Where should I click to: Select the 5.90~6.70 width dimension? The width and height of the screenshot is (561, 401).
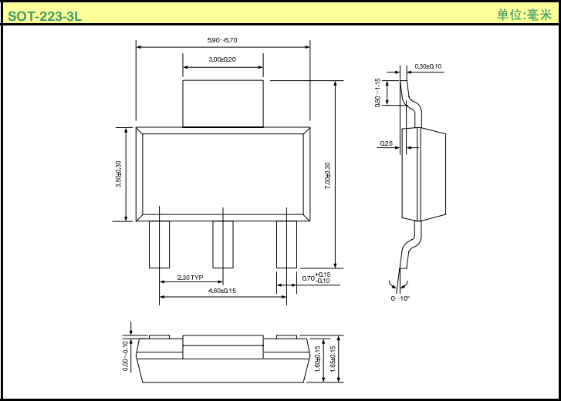point(222,40)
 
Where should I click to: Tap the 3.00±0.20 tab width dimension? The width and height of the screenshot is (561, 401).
point(222,59)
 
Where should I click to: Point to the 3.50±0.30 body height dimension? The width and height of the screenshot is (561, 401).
point(118,174)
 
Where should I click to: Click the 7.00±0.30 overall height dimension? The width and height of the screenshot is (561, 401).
point(328,176)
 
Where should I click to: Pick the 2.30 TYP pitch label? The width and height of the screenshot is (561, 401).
point(190,278)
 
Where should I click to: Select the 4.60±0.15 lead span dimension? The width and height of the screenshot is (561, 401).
point(222,291)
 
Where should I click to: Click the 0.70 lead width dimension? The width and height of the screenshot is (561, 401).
point(316,278)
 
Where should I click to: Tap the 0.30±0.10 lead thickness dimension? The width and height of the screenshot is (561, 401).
point(428,66)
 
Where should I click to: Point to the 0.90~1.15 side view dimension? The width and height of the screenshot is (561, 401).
point(378,93)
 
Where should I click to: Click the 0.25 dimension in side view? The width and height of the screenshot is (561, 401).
point(387,143)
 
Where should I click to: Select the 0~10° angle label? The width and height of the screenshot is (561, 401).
point(400,298)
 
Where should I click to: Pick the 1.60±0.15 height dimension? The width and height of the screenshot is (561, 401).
point(318,359)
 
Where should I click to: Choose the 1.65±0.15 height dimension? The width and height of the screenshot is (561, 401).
point(333,359)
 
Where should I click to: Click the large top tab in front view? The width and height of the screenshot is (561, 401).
point(222,103)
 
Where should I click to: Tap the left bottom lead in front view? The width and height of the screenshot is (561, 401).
point(159,244)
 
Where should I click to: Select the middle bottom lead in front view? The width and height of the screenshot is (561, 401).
point(223,244)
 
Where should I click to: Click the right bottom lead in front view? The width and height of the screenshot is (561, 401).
point(286,244)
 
